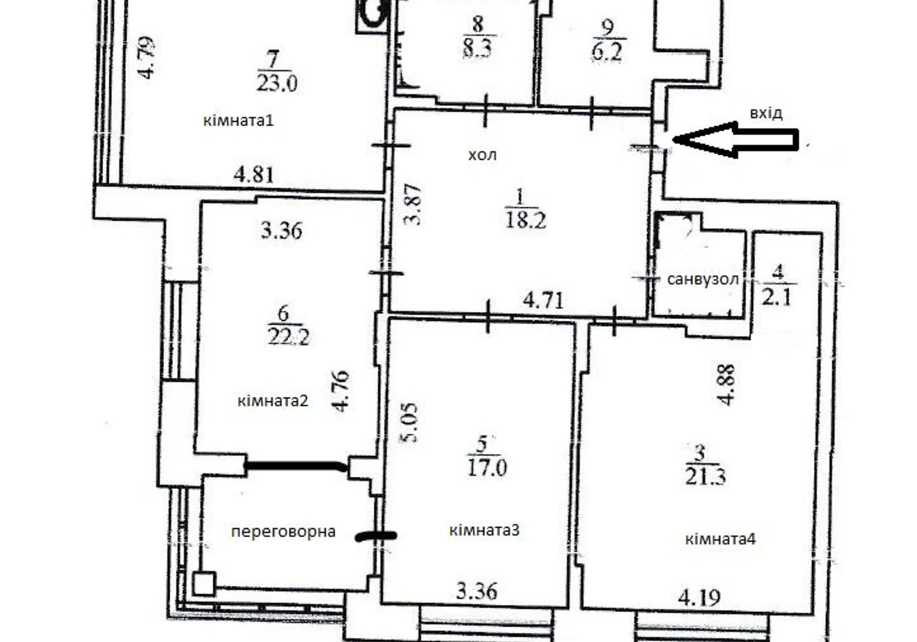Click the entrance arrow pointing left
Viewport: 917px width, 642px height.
[736, 140]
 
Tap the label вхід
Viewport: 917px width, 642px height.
[766, 113]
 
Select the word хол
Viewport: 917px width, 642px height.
[483, 155]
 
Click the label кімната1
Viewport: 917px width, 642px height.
[238, 121]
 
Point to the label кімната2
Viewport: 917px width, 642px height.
[273, 401]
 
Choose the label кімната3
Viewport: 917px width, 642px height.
[484, 530]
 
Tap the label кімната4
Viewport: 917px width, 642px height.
[720, 539]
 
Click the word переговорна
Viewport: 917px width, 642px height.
[283, 532]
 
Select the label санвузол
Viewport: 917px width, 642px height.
[703, 280]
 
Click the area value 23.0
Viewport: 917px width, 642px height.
[277, 84]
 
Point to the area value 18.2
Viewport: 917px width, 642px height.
[526, 221]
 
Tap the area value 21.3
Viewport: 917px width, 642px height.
[706, 476]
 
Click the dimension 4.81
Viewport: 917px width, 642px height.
[254, 175]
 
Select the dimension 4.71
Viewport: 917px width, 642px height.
[543, 300]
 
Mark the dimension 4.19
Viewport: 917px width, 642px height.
[699, 598]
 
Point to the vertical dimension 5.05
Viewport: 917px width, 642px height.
[409, 423]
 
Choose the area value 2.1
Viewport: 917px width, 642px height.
[777, 297]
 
